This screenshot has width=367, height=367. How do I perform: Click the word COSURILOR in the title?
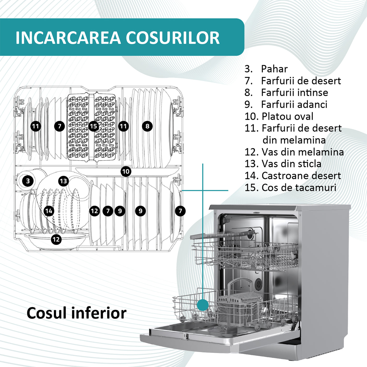(173, 38)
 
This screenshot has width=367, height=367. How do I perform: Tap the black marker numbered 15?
(93, 126)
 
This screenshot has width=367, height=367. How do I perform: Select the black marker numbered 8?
(147, 126)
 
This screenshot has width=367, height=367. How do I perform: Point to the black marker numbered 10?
(126, 171)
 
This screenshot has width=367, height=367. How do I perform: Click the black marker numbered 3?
(28, 181)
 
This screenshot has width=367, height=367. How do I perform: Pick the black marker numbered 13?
(63, 181)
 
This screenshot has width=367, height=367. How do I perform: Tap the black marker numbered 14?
(49, 211)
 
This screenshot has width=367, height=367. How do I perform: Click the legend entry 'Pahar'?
(274, 69)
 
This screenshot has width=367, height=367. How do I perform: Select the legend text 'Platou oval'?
(287, 116)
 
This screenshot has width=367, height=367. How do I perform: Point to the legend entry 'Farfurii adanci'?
(294, 104)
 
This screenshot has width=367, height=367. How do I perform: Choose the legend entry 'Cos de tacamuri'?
(299, 188)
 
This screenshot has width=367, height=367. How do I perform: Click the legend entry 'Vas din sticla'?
(291, 164)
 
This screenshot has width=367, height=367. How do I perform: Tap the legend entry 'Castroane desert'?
(301, 176)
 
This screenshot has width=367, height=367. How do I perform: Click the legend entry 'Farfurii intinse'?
(294, 93)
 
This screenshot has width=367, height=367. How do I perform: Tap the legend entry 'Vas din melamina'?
(303, 152)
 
